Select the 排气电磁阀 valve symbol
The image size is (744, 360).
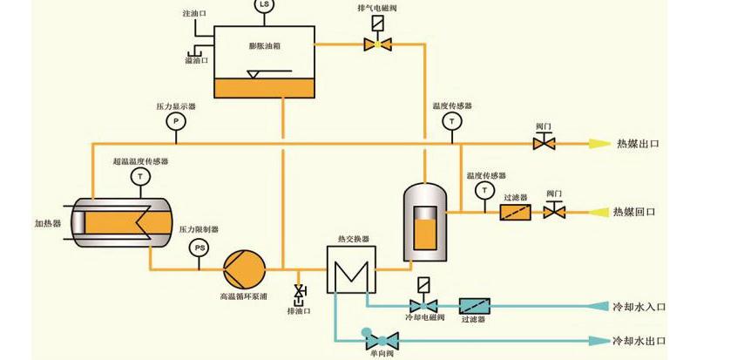[x=377, y=44]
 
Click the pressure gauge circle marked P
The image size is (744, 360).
[x=175, y=120]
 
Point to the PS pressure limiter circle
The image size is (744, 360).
[x=200, y=249]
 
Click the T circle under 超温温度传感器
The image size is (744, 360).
[x=139, y=178]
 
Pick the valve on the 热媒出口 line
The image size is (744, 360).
[x=545, y=142]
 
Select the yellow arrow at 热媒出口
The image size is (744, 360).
[x=598, y=143]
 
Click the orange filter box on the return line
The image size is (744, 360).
[x=516, y=212]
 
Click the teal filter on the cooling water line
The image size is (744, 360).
[x=474, y=306]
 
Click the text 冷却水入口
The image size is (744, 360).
[x=639, y=307]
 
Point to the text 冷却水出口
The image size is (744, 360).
[x=639, y=341]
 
